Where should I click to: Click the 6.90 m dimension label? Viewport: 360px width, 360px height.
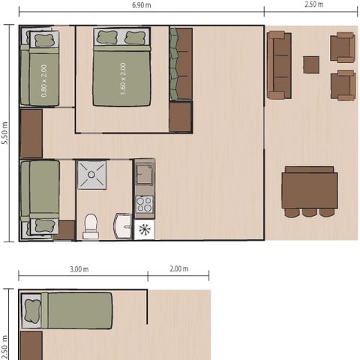(x=141, y=5)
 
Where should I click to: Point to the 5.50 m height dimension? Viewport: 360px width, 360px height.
(x=5, y=133)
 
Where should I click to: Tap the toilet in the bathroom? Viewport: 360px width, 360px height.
(x=91, y=226)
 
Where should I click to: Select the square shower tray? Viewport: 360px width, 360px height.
(x=91, y=175)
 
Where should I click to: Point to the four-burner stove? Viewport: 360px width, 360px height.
(x=144, y=204)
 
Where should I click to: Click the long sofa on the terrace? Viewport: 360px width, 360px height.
(x=278, y=65)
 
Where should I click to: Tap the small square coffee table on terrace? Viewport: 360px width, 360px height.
(x=311, y=64)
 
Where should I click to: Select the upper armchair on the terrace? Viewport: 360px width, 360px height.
(x=343, y=47)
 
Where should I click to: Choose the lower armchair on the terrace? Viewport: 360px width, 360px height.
(x=343, y=85)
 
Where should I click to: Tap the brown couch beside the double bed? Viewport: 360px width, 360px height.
(x=181, y=64)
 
